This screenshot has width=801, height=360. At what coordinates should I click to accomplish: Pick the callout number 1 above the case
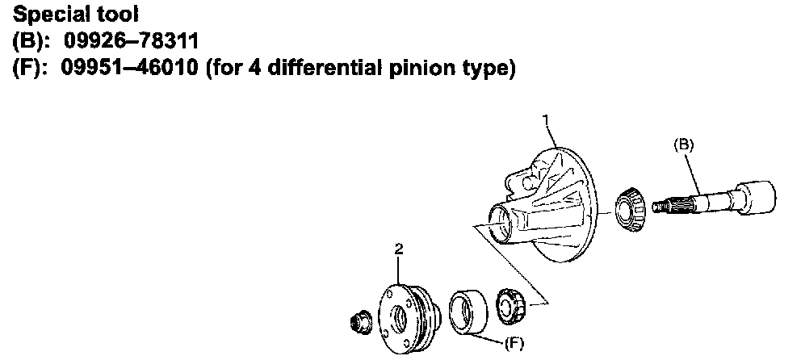coord(547,120)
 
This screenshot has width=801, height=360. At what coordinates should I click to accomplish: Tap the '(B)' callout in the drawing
coord(683,144)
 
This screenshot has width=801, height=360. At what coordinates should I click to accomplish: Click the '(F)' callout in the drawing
coord(514,343)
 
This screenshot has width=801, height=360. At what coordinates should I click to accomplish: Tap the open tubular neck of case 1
coord(500,224)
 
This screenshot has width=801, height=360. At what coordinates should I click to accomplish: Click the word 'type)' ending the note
coord(488,69)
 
